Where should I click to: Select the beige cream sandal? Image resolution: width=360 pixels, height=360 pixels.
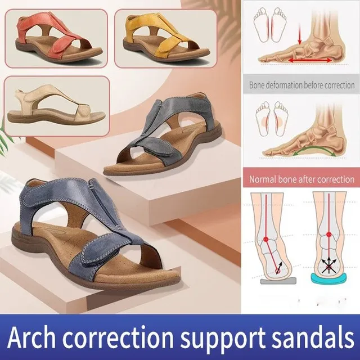click(56, 105)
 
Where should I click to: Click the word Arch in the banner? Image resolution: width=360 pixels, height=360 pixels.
click(31, 336)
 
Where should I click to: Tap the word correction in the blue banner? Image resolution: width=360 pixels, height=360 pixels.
click(118, 337)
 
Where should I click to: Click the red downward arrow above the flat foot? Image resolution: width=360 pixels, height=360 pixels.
click(299, 33)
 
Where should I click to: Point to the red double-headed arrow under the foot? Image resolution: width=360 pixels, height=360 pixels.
click(310, 60)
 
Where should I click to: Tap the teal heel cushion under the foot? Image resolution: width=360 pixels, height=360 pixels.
click(328, 278)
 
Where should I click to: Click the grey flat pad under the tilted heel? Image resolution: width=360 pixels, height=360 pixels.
click(278, 281)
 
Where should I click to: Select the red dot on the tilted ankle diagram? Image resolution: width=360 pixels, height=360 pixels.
click(266, 239)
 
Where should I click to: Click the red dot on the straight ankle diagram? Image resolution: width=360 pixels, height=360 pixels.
click(328, 235)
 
